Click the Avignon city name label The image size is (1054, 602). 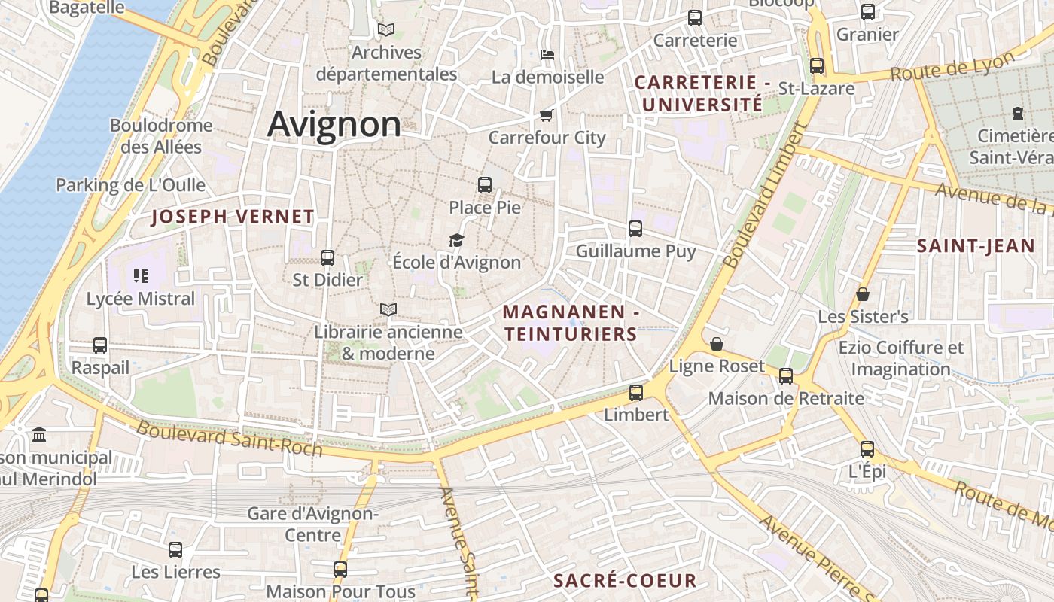point(334,124)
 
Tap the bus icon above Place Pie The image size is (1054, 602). point(485,184)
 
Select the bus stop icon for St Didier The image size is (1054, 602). point(327,258)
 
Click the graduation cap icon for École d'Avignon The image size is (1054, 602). point(456,240)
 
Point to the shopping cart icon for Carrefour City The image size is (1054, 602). point(547,115)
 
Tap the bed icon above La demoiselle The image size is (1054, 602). point(547,54)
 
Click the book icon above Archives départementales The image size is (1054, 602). point(386,30)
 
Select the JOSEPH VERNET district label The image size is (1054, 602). point(233,217)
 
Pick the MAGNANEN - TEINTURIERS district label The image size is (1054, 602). point(571,323)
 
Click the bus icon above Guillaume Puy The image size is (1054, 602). point(635,228)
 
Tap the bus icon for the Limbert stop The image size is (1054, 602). point(636,392)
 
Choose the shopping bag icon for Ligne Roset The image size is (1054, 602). point(717,344)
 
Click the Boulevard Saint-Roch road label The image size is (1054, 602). point(230,439)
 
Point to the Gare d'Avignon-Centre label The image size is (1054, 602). point(313,524)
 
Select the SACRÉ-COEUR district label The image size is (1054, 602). point(625,581)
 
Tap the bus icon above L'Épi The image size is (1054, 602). point(867,449)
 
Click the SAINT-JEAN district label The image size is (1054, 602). point(976,245)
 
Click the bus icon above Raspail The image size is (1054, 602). point(100,345)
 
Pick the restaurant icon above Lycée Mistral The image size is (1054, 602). point(141,276)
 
